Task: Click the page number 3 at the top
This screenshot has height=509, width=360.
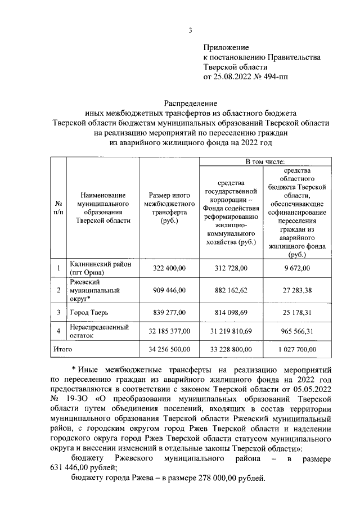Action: coord(191,30)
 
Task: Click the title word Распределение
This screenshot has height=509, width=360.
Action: coord(190,103)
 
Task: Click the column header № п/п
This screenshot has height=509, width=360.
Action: coord(58,208)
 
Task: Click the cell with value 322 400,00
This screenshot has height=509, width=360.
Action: coord(169,268)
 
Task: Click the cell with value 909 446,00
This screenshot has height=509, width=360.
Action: coord(169,290)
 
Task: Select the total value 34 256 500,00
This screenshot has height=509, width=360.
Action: coord(169,349)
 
